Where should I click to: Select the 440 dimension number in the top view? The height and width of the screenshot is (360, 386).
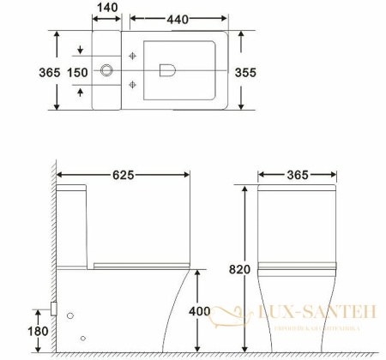pyautogui.click(x=179, y=17)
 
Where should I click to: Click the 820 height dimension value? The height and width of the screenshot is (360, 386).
pyautogui.click(x=240, y=269)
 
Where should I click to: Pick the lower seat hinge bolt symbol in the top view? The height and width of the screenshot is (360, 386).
pyautogui.click(x=133, y=84)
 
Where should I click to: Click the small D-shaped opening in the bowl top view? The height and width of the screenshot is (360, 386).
pyautogui.click(x=166, y=70)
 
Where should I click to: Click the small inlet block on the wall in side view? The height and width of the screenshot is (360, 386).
pyautogui.click(x=55, y=305)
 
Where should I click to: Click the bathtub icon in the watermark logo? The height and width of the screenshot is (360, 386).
pyautogui.click(x=229, y=318)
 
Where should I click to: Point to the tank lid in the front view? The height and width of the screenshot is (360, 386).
pyautogui.click(x=297, y=189)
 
